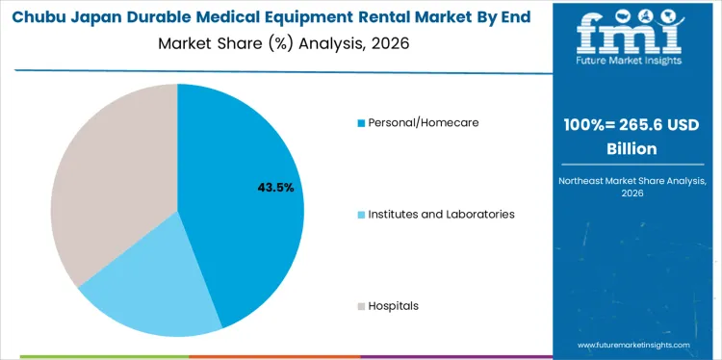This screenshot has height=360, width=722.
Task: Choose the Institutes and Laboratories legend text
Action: tap(441, 214)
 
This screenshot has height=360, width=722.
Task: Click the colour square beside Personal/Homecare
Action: tap(361, 123)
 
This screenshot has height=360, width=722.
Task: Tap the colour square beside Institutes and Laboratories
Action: tap(361, 215)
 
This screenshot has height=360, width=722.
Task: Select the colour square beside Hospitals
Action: tap(361, 306)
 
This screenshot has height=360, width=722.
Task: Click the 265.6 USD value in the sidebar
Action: tap(650, 127)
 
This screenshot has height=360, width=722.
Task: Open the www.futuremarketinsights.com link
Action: tap(634, 344)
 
